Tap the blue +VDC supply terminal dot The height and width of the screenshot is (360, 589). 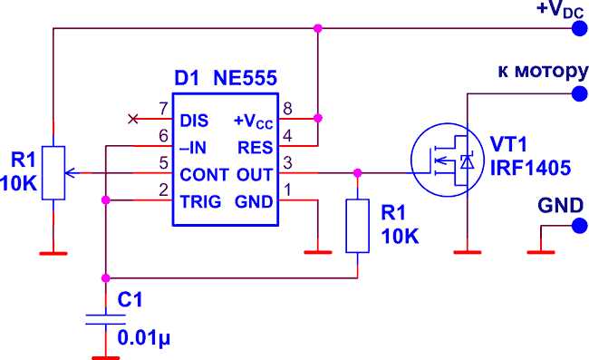578,29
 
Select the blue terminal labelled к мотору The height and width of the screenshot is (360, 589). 578,92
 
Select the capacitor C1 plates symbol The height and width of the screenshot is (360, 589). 105,319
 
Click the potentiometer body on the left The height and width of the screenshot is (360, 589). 54,172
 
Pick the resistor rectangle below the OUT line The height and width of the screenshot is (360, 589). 359,226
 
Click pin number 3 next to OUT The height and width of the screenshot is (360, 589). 288,163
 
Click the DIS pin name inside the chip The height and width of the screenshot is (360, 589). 194,120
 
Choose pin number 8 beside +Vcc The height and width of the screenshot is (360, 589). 288,110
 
